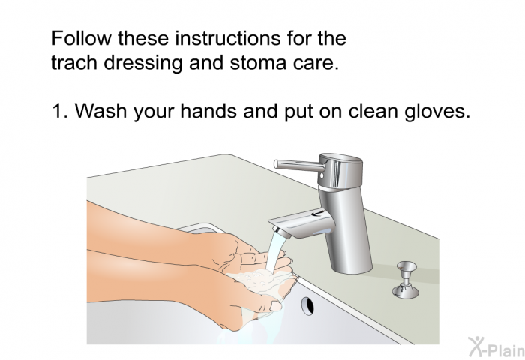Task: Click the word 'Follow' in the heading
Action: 81,37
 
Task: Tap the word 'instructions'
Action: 228,37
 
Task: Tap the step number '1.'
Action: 60,110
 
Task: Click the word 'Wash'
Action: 100,110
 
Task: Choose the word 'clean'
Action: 373,110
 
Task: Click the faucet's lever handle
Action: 299,165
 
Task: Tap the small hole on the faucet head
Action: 322,175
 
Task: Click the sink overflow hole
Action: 308,305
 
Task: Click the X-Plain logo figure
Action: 475,346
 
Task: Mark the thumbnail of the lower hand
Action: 276,306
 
